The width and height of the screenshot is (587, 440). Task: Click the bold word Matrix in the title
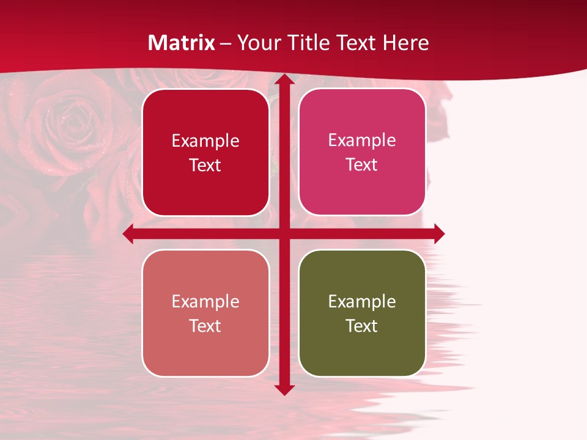tap(182, 43)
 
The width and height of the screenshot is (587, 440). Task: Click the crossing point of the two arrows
tap(284, 233)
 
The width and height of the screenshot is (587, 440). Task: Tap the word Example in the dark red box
tap(205, 141)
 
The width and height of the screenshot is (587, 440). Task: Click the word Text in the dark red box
tap(205, 165)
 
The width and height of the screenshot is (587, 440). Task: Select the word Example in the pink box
tap(362, 141)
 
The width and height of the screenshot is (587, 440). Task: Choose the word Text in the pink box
tap(362, 164)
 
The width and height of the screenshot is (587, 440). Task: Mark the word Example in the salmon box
tap(205, 302)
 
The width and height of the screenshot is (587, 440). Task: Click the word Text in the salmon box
tap(205, 326)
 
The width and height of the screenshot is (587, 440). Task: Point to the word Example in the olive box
tap(362, 302)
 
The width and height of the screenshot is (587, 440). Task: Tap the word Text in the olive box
tap(362, 326)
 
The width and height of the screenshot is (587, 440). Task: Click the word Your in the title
tap(257, 43)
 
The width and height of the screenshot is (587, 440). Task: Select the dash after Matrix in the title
tap(226, 43)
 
